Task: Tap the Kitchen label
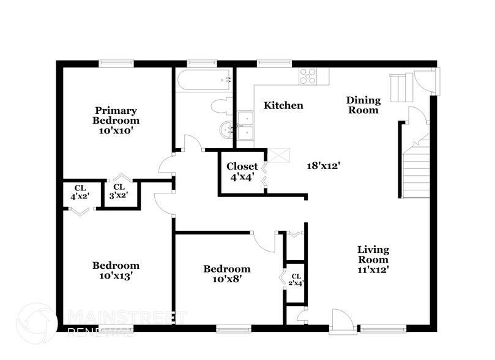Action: pyautogui.click(x=283, y=105)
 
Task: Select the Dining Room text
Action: pyautogui.click(x=363, y=105)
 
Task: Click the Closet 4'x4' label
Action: pyautogui.click(x=242, y=171)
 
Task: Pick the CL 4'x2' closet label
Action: pyautogui.click(x=80, y=192)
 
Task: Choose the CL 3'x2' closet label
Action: pyautogui.click(x=119, y=191)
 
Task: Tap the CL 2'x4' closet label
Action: pyautogui.click(x=296, y=279)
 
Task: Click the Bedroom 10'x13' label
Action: pyautogui.click(x=116, y=270)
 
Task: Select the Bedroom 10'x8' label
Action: pyautogui.click(x=226, y=274)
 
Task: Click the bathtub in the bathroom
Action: pyautogui.click(x=203, y=80)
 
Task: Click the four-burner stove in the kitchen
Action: pyautogui.click(x=308, y=76)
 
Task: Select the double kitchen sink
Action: pyautogui.click(x=247, y=126)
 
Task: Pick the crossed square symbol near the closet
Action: pyautogui.click(x=281, y=156)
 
